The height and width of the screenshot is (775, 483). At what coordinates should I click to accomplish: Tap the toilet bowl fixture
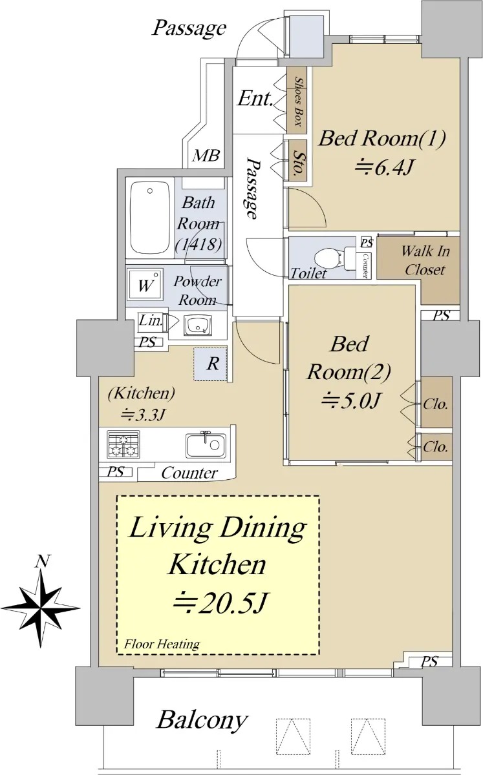(334, 258)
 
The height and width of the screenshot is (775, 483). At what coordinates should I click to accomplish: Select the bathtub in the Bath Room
(150, 218)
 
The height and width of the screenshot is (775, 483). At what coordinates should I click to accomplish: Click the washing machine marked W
(145, 285)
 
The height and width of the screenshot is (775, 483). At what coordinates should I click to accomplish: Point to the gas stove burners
(123, 444)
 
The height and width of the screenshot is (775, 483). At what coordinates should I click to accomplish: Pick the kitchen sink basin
(206, 445)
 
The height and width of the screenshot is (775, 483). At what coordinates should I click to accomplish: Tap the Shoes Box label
(297, 101)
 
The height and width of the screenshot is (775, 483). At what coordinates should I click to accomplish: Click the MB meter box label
(206, 156)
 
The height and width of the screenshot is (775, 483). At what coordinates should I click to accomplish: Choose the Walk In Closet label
(425, 260)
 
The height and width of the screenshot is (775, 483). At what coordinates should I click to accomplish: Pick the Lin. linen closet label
(151, 320)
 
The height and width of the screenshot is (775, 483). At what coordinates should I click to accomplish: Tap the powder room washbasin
(197, 325)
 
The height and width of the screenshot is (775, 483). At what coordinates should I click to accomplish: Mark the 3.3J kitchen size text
(142, 415)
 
